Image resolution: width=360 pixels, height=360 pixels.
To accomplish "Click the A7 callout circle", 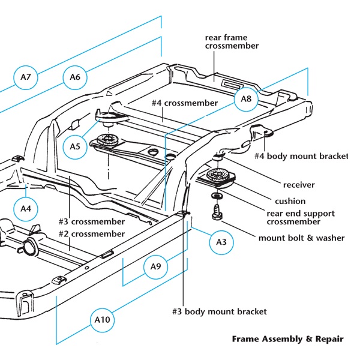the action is [25, 77].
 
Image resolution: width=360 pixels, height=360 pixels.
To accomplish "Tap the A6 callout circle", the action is [75, 77].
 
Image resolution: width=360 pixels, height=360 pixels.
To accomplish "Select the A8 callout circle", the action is [246, 99].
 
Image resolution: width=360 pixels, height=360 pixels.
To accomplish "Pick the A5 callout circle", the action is [75, 147].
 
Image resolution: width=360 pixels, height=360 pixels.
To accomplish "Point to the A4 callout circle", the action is [26, 209].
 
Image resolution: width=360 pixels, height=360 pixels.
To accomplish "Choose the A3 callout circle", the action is [221, 242].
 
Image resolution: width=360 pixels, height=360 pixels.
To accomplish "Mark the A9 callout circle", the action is [155, 267].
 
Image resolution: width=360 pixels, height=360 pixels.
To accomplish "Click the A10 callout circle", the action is [103, 320].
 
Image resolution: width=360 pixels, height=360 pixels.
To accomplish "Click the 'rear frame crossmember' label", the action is [232, 41].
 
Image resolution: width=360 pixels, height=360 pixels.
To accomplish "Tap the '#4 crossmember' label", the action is [185, 103].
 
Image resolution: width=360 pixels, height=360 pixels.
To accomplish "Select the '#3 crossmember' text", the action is [92, 222].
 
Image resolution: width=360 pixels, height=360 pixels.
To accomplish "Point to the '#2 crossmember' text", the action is [92, 234].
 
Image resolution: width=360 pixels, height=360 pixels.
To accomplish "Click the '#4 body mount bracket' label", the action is [301, 156].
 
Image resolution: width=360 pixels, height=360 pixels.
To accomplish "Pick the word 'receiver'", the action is [299, 185].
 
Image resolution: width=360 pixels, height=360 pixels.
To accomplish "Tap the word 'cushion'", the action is [290, 202].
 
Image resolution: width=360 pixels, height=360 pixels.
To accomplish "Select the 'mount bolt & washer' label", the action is [301, 238].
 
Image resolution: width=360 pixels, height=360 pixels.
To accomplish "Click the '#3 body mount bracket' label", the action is [220, 311].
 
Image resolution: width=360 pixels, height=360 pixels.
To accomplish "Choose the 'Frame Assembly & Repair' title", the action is [288, 339].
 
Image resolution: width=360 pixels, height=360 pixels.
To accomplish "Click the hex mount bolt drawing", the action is [217, 212].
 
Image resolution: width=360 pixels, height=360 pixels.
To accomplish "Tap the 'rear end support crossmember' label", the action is [301, 218].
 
